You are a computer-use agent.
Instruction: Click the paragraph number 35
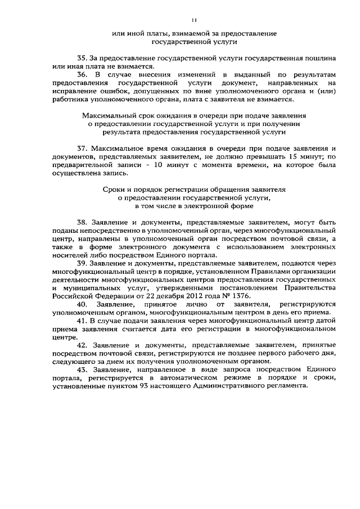82,58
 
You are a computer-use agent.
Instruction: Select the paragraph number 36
82,74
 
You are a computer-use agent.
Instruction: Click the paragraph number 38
82,222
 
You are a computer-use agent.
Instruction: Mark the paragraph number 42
82,345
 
